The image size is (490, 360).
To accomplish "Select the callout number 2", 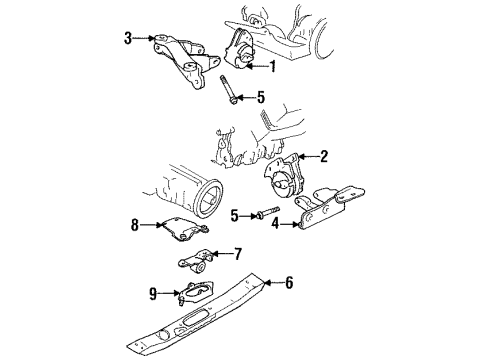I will click(x=324, y=155).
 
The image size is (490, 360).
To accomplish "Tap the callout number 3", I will click(x=127, y=39).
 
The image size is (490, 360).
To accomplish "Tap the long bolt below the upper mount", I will click(x=225, y=98).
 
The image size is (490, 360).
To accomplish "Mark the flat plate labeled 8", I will click(x=185, y=236).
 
